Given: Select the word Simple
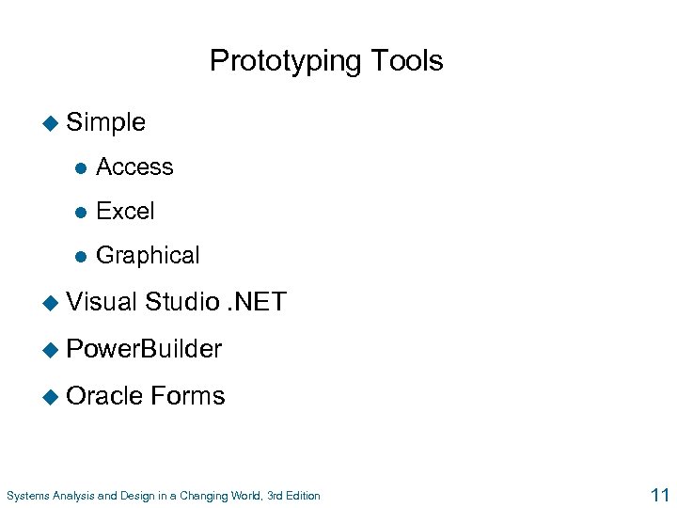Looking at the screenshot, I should [106, 122].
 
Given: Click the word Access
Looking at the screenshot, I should [134, 167].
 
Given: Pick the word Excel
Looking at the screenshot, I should [125, 212].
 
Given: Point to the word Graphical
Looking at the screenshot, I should [148, 256].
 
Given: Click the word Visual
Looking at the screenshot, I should [102, 303].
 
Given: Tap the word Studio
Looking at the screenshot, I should [183, 303].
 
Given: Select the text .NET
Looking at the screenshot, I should [257, 303].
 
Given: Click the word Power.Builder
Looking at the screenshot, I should [144, 349].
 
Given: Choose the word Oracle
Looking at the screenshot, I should [105, 396].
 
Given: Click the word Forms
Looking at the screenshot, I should [188, 396].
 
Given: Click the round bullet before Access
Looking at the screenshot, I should [81, 168].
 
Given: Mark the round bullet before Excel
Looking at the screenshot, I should [81, 213].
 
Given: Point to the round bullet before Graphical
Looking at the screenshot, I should [81, 257].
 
